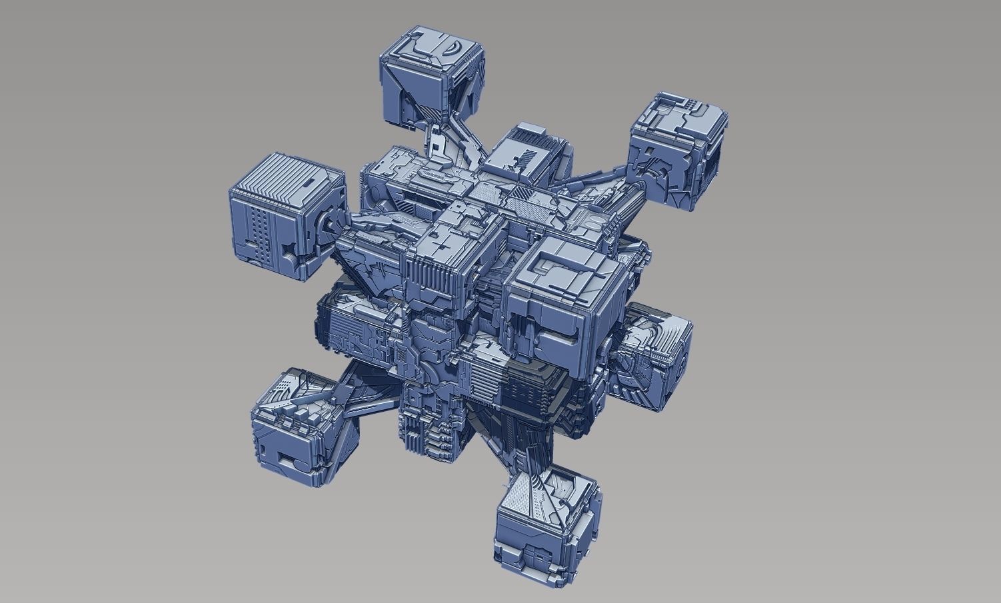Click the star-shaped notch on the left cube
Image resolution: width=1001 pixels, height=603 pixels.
click(289, 250)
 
